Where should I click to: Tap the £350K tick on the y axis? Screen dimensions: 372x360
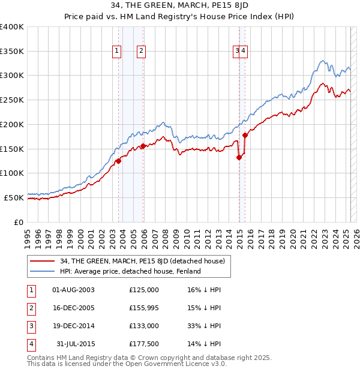pos(12,51)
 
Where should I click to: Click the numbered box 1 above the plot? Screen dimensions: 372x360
pos(116,51)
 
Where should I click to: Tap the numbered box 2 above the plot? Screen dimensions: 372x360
pos(140,51)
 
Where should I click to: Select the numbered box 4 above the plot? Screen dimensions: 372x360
pos(244,51)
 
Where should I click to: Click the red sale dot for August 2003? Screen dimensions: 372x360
pos(118,161)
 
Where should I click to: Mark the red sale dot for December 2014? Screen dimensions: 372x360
pos(239,157)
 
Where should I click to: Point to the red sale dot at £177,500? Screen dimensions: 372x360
pos(245,136)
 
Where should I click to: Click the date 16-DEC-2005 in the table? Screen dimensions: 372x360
pos(73,308)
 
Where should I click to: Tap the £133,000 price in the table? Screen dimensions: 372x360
pos(144,326)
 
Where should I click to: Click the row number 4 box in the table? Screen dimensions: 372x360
pos(30,344)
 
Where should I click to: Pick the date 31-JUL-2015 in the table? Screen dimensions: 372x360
pos(76,344)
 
